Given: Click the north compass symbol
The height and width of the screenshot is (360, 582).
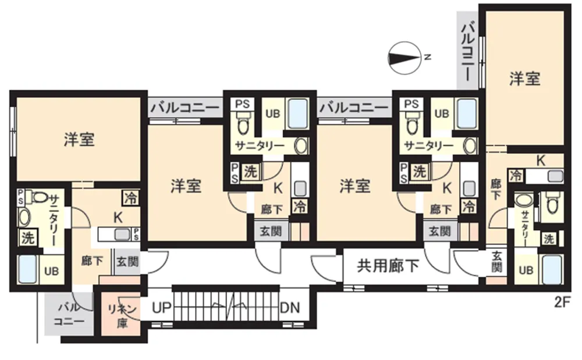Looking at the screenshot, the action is coord(404,58).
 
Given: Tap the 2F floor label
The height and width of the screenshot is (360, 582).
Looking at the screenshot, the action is coord(562,302).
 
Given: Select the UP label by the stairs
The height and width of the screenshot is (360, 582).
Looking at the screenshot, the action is coord(161,307).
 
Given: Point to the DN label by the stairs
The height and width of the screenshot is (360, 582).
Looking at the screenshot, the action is coord(290,307).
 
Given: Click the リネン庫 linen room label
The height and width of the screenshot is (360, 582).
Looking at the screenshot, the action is coord(122,316).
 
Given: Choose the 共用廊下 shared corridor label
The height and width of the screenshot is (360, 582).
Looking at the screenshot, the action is coord(388,265).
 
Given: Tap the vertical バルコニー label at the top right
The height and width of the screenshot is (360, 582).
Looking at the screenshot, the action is coord(468,51).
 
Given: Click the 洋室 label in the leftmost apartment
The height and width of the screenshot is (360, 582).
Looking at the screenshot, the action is coord(79,139).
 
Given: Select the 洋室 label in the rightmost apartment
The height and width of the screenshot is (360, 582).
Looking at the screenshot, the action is coord(524,79).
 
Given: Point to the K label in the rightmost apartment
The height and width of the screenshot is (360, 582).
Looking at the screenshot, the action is coord(541,161).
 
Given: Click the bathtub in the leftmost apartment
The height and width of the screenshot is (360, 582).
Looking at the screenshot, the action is coord(27,269).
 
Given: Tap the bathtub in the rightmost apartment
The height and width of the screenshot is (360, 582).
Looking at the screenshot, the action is coord(552,269).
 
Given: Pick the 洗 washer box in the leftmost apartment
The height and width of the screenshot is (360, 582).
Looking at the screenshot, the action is coord(28,238).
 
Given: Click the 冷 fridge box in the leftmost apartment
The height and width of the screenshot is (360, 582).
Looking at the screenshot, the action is coord(130,198).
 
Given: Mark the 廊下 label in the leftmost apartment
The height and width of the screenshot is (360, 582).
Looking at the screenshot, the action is coord(92,261).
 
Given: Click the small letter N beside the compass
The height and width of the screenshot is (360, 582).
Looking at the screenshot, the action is coord(428,57).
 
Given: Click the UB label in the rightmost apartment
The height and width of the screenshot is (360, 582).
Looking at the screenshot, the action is coord(526,270).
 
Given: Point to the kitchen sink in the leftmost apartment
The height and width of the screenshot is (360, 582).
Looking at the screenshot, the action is coord(122,234).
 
